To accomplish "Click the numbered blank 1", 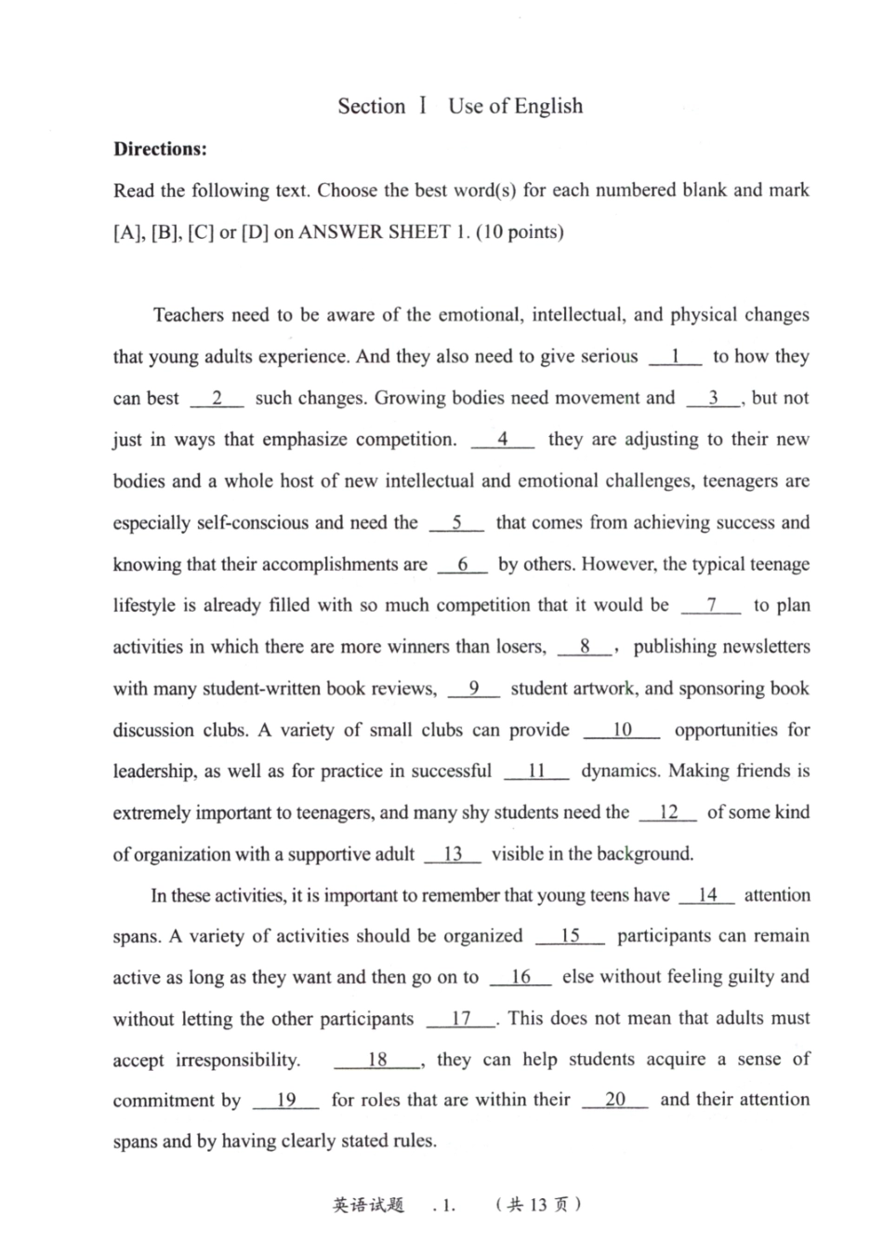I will click(x=675, y=356).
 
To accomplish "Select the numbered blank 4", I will click(x=503, y=439).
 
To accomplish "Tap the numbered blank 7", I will click(x=711, y=605).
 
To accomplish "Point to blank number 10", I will click(x=622, y=730).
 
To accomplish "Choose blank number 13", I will click(x=453, y=854).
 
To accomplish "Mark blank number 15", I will click(x=570, y=936).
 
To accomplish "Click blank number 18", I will click(x=376, y=1060).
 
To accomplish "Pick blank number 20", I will click(x=615, y=1100).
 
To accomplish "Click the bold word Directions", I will click(x=160, y=149).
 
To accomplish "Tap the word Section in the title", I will click(x=372, y=106).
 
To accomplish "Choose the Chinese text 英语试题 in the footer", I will click(x=368, y=1205).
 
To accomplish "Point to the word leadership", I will click(x=154, y=772).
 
